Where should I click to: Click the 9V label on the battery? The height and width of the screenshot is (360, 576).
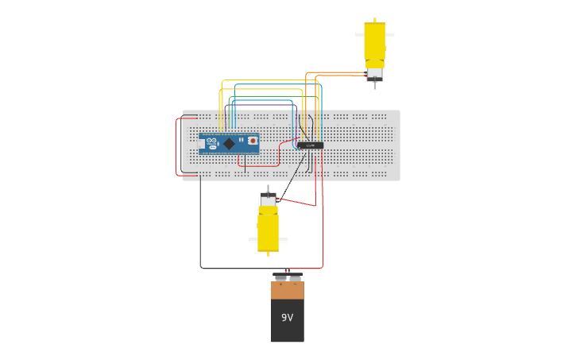pyautogui.click(x=287, y=318)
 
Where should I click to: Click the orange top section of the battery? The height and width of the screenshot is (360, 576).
pyautogui.click(x=287, y=290)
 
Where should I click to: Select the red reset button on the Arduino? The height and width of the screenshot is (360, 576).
pyautogui.click(x=253, y=141)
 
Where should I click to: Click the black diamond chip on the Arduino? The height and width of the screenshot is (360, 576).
pyautogui.click(x=229, y=144)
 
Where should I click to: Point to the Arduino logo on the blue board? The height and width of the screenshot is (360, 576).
pyautogui.click(x=211, y=141)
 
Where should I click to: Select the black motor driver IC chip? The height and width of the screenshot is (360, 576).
pyautogui.click(x=310, y=145)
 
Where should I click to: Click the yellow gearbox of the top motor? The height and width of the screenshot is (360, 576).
pyautogui.click(x=374, y=41)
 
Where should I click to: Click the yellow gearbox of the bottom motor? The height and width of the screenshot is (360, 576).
pyautogui.click(x=268, y=230)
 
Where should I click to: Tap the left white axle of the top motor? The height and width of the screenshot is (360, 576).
pyautogui.click(x=359, y=34)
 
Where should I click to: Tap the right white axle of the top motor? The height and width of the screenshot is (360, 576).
pyautogui.click(x=390, y=34)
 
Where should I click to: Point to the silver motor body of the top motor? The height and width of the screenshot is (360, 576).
pyautogui.click(x=374, y=73)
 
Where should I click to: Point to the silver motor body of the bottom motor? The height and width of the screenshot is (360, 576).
pyautogui.click(x=268, y=200)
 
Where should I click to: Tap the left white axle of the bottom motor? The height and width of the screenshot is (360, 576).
pyautogui.click(x=253, y=240)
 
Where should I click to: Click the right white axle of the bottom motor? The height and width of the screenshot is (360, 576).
pyautogui.click(x=284, y=240)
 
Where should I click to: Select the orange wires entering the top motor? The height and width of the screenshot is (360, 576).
pyautogui.click(x=342, y=74)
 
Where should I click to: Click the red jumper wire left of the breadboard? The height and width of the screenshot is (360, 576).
pyautogui.click(x=176, y=147)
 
